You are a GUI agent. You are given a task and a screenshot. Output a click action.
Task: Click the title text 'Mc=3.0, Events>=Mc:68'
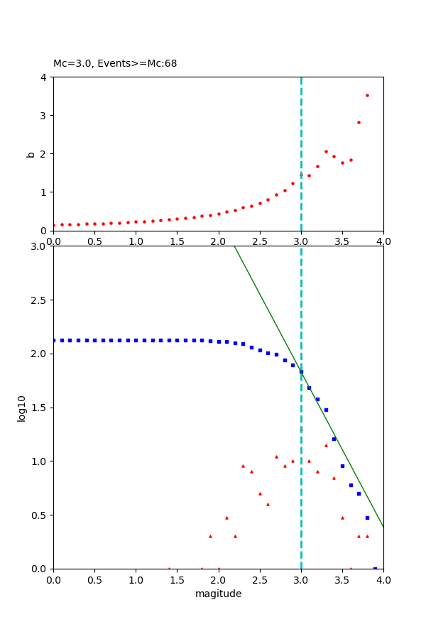click(115, 64)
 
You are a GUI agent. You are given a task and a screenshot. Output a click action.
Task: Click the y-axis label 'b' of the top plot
click(31, 153)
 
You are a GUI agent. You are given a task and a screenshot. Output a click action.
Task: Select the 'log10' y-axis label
click(21, 408)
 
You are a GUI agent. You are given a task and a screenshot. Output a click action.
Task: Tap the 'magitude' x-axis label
click(218, 594)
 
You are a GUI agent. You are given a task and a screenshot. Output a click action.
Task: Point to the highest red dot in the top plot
click(367, 95)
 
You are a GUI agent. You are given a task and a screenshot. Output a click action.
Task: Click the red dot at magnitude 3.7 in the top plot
click(359, 122)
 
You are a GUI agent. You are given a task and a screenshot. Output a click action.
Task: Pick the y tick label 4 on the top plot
click(44, 77)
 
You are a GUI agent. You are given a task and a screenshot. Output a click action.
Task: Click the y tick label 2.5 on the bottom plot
click(38, 300)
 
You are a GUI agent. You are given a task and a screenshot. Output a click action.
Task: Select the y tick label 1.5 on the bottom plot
click(38, 408)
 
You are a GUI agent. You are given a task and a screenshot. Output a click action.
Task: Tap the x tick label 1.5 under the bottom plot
click(177, 580)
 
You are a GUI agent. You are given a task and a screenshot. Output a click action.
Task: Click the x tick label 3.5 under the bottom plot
click(342, 580)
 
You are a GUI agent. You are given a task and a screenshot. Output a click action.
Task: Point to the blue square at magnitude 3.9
click(375, 568)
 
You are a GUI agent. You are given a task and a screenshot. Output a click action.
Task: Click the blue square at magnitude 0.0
click(53, 340)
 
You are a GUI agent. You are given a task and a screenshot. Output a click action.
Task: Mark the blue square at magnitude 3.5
click(342, 466)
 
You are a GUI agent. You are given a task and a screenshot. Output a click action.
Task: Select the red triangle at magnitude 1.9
click(210, 536)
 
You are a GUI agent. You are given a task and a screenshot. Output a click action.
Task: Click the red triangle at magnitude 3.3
click(326, 445)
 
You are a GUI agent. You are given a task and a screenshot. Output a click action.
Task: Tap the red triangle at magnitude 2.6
click(268, 504)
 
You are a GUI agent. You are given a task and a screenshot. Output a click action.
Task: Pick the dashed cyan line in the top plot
click(301, 128)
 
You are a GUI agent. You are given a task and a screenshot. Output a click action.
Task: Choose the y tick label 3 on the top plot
click(44, 115)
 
